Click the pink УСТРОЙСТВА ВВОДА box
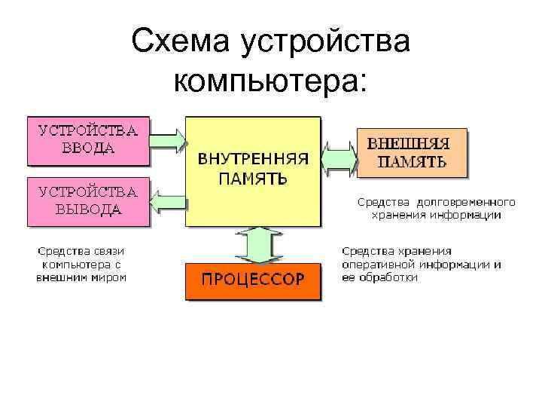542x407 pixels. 88,139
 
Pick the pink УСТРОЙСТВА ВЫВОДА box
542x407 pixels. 88,200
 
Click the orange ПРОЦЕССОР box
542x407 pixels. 253,280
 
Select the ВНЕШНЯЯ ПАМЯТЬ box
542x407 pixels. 411,152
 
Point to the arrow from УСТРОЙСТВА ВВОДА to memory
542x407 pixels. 168,140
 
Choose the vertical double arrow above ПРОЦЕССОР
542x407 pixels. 253,244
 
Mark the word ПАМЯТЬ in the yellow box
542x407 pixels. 253,179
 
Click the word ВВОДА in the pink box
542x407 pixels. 88,148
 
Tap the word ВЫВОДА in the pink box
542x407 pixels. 88,210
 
